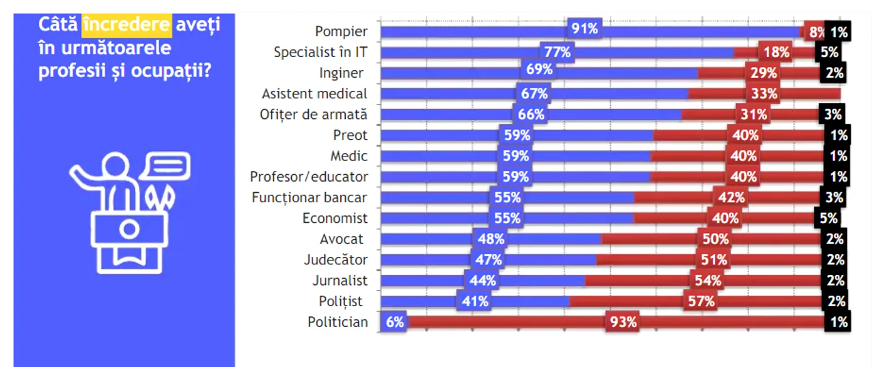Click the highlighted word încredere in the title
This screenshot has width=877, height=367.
pos(127,25)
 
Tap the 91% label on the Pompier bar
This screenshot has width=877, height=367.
pos(584,28)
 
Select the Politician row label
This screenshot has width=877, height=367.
pos(338,322)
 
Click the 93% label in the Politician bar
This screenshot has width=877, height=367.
pos(623,322)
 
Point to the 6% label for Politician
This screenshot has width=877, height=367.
pos(394,322)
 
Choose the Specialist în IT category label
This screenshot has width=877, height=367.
pos(320,52)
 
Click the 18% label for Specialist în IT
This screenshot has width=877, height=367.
pos(776,52)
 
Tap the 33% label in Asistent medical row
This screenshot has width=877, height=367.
pos(764,93)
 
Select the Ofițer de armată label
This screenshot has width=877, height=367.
pos(314,114)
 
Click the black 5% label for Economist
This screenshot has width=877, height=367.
pos(828,218)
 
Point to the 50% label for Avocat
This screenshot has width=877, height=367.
pos(715,239)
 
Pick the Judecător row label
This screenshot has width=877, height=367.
pos(336,259)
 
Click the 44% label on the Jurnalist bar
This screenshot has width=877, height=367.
pos(482,280)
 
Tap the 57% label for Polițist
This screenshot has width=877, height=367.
pos(701,301)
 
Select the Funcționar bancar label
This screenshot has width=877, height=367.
pos(309,197)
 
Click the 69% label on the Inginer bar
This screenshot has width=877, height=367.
pos(539,70)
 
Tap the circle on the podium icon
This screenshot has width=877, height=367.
pos(129,229)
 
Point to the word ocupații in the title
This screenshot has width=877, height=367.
pos(171,71)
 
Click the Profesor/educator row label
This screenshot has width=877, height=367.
pos(309,177)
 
